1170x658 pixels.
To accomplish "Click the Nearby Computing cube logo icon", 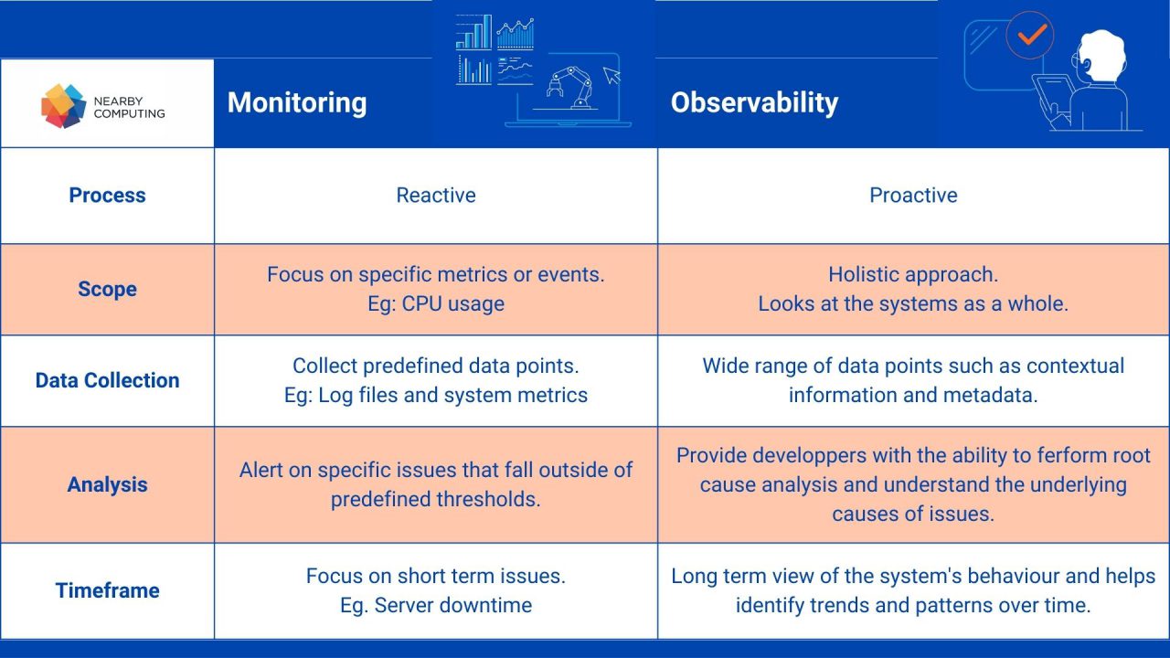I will [63, 105].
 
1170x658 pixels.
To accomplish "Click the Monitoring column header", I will [297, 102].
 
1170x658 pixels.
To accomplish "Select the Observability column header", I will [754, 102].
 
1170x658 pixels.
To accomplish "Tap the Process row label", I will [107, 195].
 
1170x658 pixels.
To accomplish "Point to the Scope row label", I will [107, 289].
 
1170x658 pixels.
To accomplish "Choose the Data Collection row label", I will [107, 380].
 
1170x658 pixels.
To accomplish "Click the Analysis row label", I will [107, 484].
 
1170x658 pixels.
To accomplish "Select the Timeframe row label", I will [107, 590].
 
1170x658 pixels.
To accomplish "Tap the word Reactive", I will [436, 195].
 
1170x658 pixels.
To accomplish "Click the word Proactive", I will [913, 195].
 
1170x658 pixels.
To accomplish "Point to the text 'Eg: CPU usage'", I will [436, 303].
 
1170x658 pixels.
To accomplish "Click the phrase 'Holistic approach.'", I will [913, 274].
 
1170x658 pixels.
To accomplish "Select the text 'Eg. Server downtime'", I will [436, 605].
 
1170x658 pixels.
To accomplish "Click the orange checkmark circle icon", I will [1030, 36].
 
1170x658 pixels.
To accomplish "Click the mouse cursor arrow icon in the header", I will [612, 76].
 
